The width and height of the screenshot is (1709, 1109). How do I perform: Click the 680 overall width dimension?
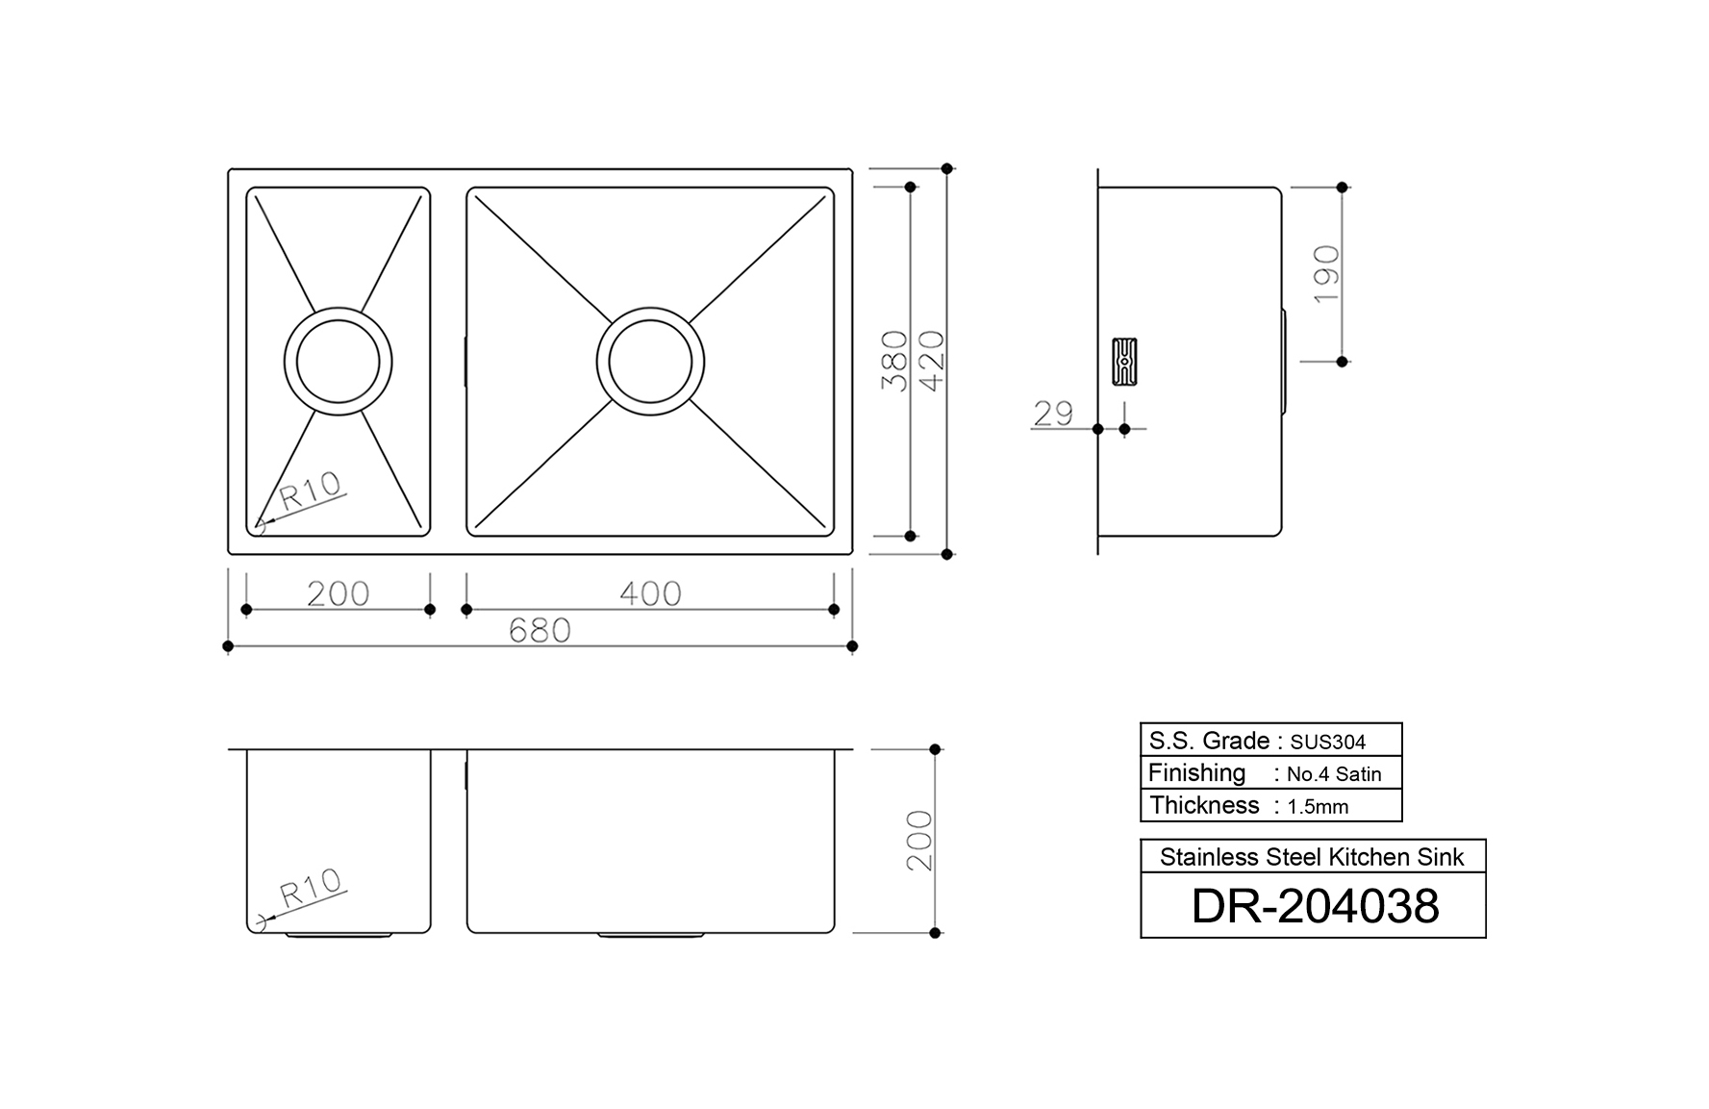point(540,631)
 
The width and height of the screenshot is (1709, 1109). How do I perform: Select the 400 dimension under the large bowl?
point(650,593)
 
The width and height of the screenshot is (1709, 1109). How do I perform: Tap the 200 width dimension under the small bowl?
point(339,593)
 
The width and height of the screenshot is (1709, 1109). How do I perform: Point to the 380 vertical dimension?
point(894,361)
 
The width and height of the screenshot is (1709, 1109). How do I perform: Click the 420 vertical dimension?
point(932,361)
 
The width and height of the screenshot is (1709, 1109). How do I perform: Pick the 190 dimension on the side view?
point(1326,274)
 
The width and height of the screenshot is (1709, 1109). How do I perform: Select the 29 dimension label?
point(1053,414)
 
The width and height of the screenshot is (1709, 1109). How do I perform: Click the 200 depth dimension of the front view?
point(920,841)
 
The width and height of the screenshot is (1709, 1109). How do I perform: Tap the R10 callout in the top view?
point(311,491)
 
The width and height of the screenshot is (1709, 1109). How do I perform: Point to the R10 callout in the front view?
point(311,888)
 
